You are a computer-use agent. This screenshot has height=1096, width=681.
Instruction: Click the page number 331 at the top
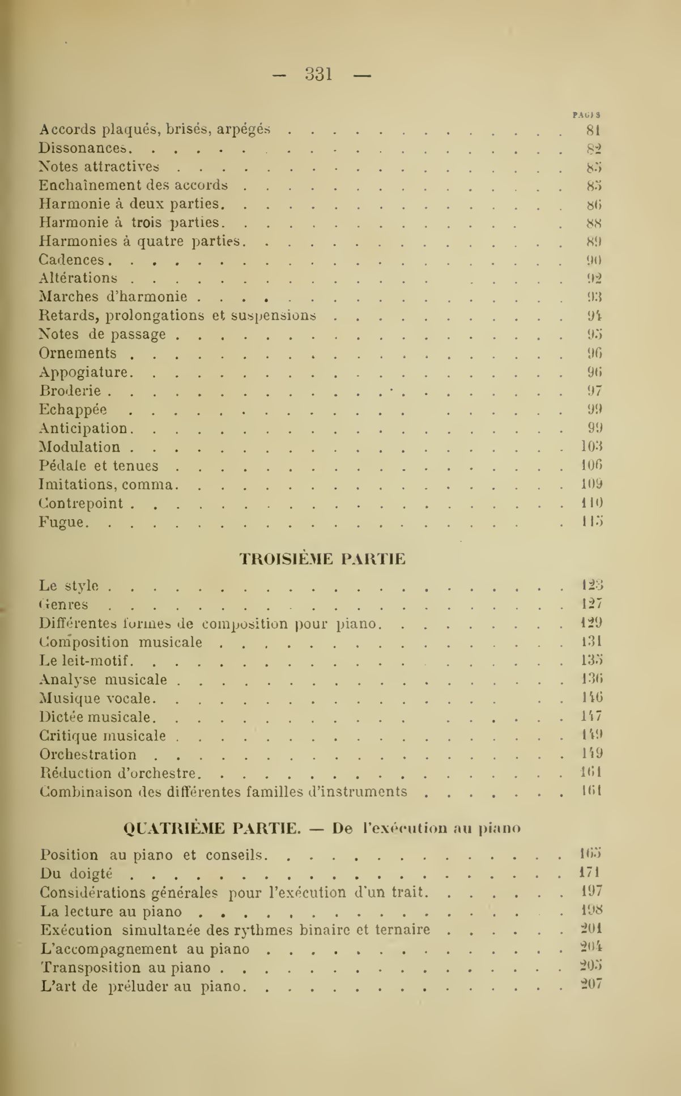[x=319, y=74]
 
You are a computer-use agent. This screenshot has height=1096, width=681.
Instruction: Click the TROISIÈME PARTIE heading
[x=322, y=559]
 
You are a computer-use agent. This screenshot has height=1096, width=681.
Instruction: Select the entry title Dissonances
[x=86, y=148]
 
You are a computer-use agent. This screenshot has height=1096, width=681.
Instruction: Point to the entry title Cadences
[x=72, y=260]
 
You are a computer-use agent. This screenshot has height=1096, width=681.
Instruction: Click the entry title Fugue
[x=62, y=522]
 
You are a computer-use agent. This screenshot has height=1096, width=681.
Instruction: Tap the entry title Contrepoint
[x=81, y=503]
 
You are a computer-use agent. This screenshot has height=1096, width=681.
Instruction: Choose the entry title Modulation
[x=80, y=447]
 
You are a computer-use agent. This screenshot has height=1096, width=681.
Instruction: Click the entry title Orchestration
[x=88, y=754]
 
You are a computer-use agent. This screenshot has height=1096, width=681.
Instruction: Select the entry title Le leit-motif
[x=86, y=661]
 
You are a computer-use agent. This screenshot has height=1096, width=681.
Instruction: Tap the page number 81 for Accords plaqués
[x=593, y=130]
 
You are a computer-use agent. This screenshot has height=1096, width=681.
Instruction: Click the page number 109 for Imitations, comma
[x=591, y=484]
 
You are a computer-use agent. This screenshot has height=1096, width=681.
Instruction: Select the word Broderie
[x=70, y=391]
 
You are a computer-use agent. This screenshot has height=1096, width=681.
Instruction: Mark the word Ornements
[x=78, y=353]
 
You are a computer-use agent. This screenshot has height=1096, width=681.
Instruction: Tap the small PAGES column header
[x=586, y=114]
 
